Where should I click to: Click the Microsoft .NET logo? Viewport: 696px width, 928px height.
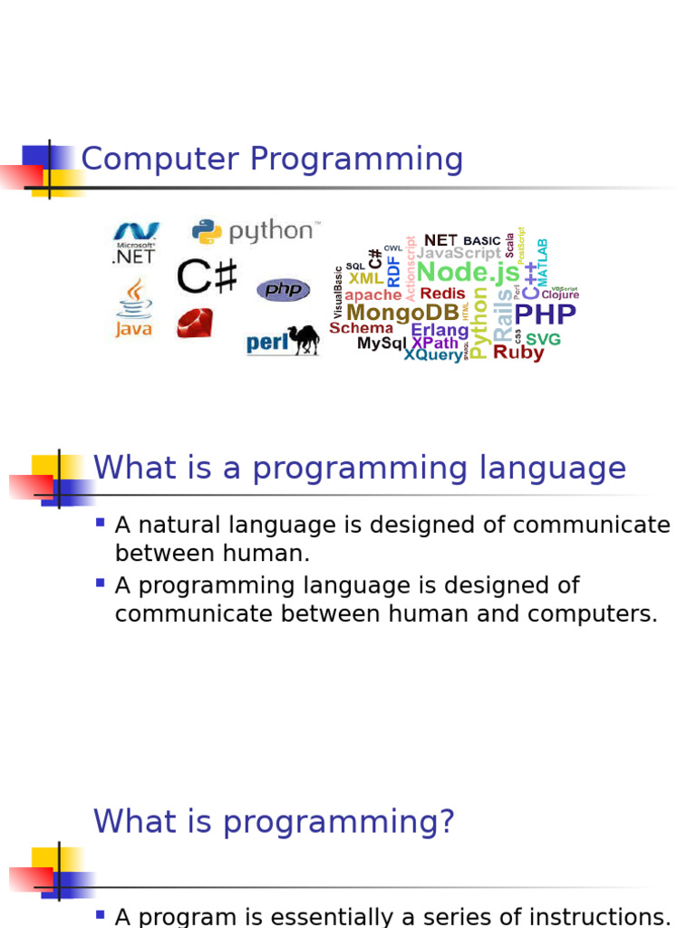(134, 242)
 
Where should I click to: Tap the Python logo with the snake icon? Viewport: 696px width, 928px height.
(255, 231)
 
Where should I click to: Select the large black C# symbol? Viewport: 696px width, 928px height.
(207, 276)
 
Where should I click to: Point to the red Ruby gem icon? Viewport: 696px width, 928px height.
(195, 323)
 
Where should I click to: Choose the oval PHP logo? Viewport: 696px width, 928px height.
(283, 290)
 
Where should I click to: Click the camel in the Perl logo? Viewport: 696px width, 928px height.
(304, 339)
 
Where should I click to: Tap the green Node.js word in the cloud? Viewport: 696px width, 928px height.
(468, 272)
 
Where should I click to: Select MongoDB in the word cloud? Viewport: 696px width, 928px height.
(403, 313)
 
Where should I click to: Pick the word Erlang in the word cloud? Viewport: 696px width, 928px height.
(440, 330)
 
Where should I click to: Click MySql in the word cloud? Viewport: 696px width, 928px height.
(382, 343)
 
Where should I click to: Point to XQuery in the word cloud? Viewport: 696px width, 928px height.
(432, 355)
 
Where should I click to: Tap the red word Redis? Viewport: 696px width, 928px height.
(442, 294)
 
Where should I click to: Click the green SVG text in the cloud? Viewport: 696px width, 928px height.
(543, 339)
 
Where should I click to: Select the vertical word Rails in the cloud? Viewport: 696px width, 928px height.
(502, 315)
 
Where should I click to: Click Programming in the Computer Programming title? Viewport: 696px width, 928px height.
(356, 159)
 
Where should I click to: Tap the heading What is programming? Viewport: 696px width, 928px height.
(274, 822)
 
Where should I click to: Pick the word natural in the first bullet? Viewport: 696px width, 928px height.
(183, 526)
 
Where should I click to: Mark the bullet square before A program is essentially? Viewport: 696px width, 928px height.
(101, 914)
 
